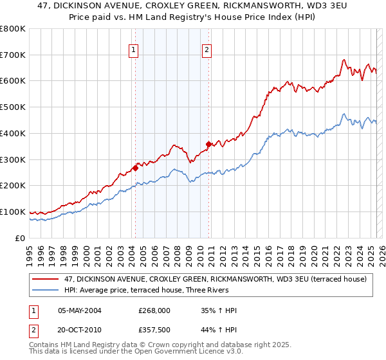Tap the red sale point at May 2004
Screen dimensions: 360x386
coord(135,168)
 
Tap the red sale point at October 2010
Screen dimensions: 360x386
coord(209,144)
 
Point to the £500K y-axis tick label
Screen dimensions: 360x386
coord(13,107)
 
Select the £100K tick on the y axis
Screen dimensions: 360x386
coord(13,212)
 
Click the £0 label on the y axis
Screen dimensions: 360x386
coord(19,239)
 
